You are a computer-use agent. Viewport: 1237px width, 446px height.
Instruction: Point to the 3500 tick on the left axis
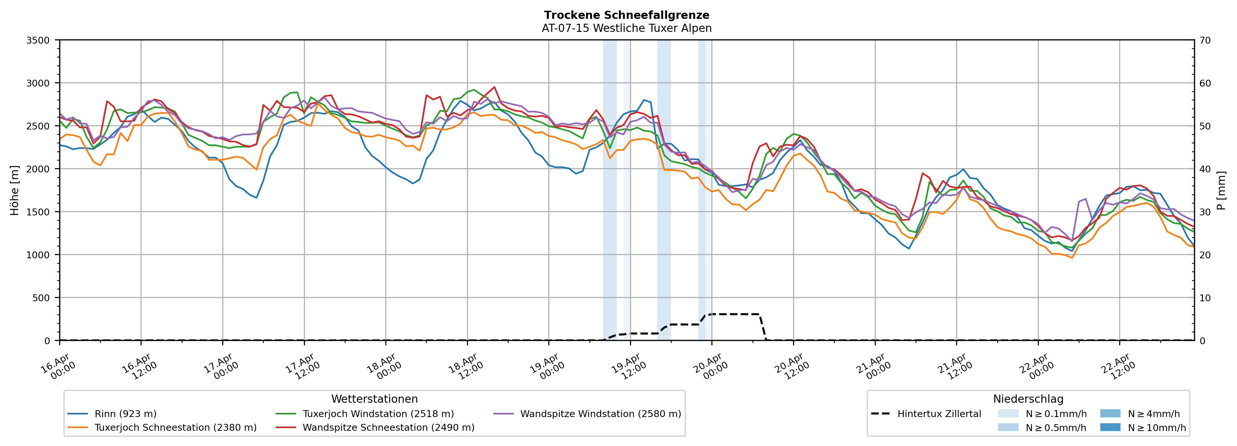(38, 40)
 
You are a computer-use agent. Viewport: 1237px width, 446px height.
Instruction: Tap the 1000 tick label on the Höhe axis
(38, 255)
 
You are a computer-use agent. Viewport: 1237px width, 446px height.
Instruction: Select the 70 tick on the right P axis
(1205, 40)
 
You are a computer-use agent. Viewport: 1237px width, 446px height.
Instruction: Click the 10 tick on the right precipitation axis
(1205, 298)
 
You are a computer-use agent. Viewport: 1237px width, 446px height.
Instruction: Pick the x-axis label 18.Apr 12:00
(466, 367)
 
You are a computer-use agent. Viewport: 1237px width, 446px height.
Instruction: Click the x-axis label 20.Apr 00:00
(711, 367)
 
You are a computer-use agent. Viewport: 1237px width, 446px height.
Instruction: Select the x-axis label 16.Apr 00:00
(59, 367)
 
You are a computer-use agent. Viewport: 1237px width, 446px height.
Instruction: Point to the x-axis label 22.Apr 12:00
(1119, 367)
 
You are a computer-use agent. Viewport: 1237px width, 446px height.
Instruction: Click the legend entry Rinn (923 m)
(125, 414)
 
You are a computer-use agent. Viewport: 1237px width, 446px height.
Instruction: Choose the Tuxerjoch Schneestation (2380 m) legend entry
(175, 428)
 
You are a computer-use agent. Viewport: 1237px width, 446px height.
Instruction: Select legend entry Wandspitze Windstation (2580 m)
(600, 414)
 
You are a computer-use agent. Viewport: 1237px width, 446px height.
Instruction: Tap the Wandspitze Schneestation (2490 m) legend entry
(388, 428)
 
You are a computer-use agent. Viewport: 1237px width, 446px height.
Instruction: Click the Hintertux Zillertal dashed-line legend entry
(939, 414)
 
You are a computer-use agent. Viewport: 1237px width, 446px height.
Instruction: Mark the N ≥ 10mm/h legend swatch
(1110, 427)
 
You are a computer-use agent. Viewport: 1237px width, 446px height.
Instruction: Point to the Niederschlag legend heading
(1028, 399)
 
